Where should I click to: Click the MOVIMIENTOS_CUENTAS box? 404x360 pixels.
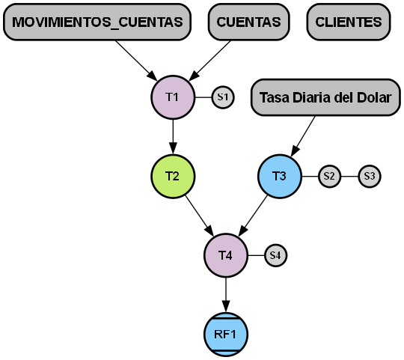97,22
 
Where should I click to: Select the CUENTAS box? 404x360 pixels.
249,22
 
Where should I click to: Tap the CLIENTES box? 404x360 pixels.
349,22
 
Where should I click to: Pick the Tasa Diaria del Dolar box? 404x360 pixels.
325,98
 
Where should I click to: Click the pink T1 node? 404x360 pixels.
173,97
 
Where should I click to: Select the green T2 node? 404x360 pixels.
173,177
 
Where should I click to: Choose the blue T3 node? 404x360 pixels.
280,177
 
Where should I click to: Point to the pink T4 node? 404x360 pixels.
226,255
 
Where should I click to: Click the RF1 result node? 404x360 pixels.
226,334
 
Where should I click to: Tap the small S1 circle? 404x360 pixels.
223,97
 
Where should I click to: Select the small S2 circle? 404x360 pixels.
329,177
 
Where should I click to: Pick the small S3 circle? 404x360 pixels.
369,177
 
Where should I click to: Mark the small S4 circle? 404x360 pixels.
276,255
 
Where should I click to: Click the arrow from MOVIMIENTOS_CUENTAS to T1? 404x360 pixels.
136,60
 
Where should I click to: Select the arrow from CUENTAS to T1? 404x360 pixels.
211,60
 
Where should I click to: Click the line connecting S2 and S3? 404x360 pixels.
349,177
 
